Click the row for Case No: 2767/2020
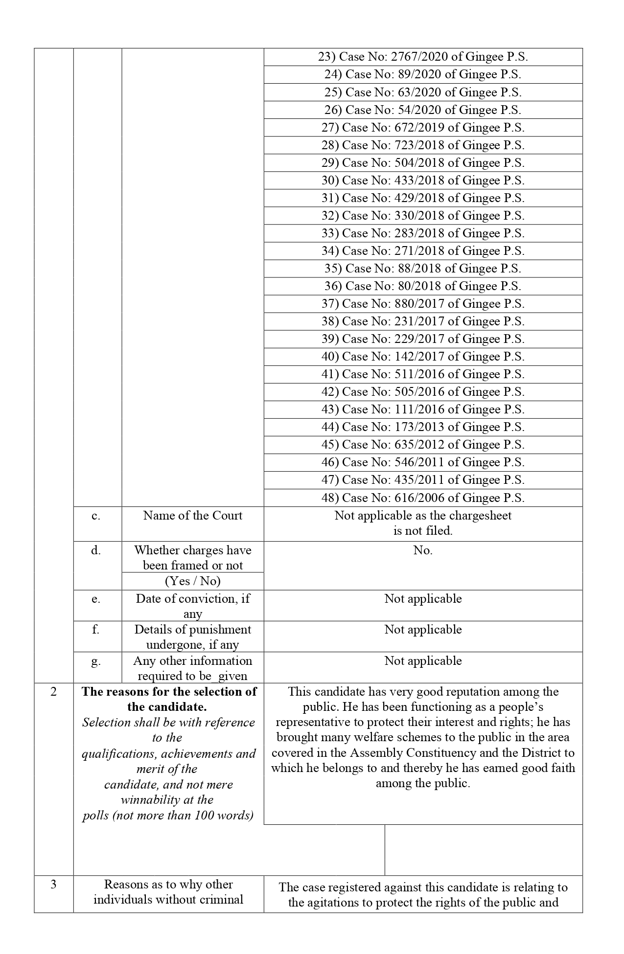click(x=423, y=57)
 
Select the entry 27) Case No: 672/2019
click(x=423, y=128)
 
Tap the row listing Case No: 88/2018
click(x=423, y=269)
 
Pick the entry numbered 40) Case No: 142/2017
click(x=423, y=357)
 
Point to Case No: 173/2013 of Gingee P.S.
click(x=423, y=427)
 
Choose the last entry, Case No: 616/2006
click(x=423, y=498)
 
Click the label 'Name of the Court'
click(x=193, y=516)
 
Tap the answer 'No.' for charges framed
click(x=423, y=550)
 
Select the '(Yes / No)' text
click(x=193, y=581)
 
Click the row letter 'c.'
click(x=96, y=516)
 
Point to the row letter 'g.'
click(x=96, y=661)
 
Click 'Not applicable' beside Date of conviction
click(x=423, y=599)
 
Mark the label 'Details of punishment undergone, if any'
click(x=193, y=637)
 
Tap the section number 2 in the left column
click(x=54, y=692)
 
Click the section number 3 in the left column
click(x=54, y=885)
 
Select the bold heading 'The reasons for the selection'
click(x=169, y=692)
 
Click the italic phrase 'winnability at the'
click(x=167, y=800)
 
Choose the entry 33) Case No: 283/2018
click(x=423, y=233)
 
